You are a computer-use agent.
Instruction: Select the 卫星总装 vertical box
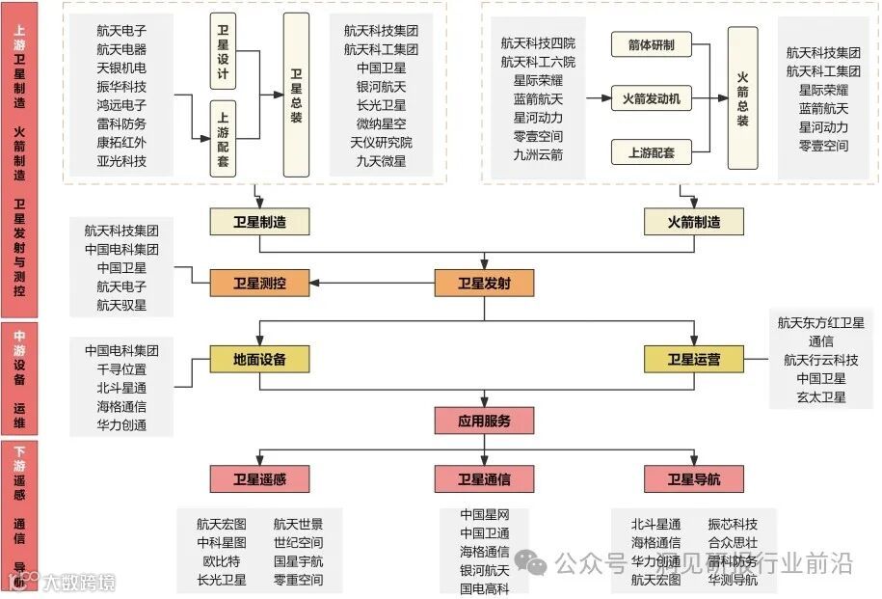tap(296, 95)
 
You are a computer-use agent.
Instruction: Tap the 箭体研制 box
tap(651, 44)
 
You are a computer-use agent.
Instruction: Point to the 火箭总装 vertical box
tap(742, 96)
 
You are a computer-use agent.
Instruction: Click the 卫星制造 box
tap(259, 222)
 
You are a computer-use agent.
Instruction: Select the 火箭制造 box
tap(694, 222)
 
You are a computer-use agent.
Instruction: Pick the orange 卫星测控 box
tap(259, 284)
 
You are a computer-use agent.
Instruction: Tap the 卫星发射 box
tap(483, 284)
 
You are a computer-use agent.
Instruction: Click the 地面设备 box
tap(259, 360)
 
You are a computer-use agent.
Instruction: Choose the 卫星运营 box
tap(694, 360)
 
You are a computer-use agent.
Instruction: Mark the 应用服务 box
tap(483, 421)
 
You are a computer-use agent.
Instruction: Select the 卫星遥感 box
tap(259, 478)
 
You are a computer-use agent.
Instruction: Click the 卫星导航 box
tap(694, 478)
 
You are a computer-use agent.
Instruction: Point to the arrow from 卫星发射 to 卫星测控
tap(371, 284)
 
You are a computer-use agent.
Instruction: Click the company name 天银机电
tap(121, 68)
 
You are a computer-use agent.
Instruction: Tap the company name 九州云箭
tap(538, 154)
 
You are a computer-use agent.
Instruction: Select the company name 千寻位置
tap(121, 369)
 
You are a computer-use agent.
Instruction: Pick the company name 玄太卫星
tap(821, 396)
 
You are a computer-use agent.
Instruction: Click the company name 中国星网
tap(484, 514)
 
